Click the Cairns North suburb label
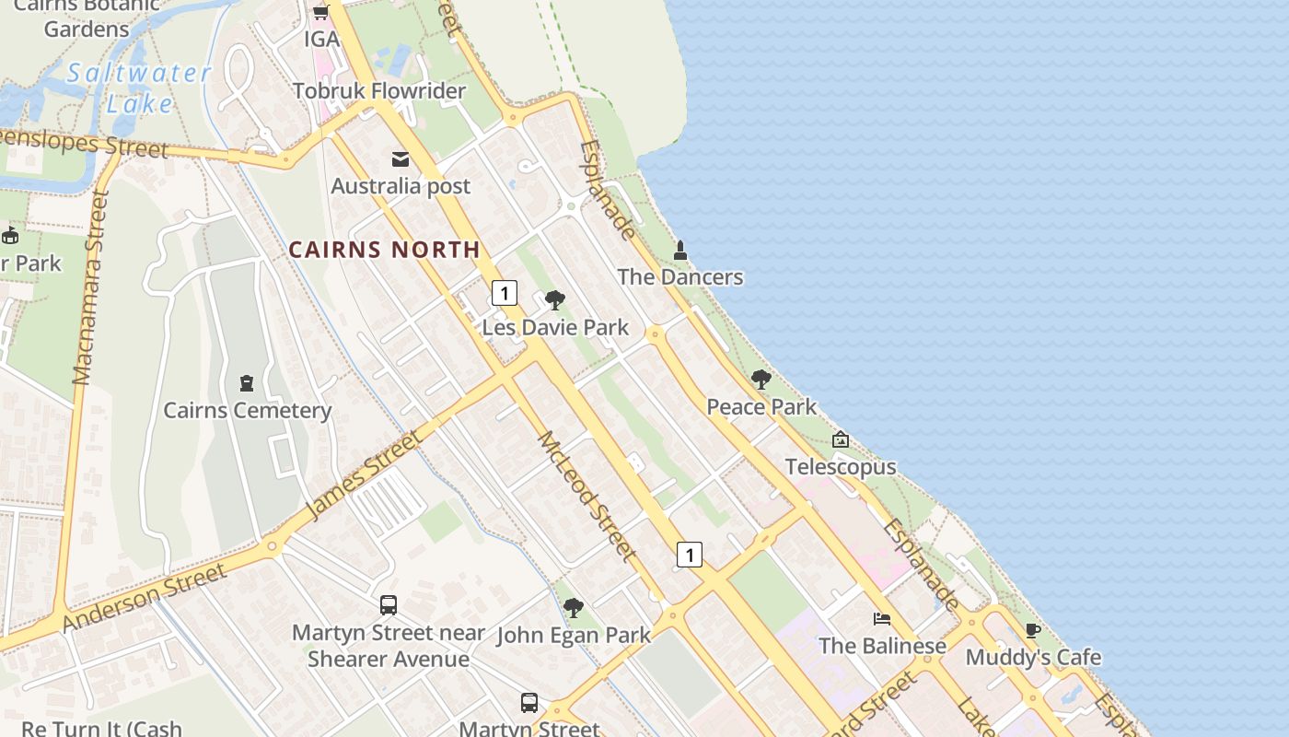384,249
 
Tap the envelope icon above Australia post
401,159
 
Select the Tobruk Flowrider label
379,91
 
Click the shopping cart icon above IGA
320,13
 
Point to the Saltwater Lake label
138,88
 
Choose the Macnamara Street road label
91,287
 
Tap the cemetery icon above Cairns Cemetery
247,382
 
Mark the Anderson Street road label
145,597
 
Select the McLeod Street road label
586,496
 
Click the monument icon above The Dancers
680,250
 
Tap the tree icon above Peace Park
761,379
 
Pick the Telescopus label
840,467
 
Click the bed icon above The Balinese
882,618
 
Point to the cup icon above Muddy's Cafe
1033,630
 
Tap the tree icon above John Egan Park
573,607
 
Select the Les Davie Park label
555,327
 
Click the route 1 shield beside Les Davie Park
504,293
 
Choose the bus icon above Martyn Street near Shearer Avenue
389,605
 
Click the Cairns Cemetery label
247,410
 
